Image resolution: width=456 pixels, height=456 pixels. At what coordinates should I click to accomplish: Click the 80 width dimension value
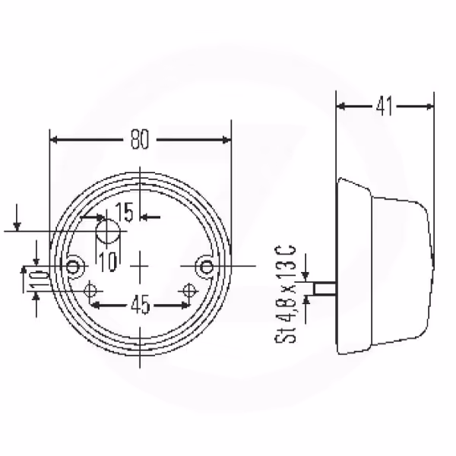(x=140, y=140)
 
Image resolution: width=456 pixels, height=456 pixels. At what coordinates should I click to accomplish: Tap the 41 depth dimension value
(x=384, y=106)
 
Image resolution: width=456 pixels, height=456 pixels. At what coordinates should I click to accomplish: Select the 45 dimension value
(x=140, y=305)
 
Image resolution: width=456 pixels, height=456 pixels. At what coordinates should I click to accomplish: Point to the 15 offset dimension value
(x=125, y=212)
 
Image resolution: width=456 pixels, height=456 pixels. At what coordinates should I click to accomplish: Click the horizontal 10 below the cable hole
(x=108, y=261)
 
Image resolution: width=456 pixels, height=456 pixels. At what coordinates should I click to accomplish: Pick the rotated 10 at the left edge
(x=39, y=280)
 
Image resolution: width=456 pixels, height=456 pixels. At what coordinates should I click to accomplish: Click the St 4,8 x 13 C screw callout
(x=286, y=294)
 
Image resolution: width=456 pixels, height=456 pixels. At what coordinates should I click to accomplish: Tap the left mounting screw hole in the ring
(x=72, y=267)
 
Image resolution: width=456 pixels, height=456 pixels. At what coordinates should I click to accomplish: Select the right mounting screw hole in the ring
(x=207, y=267)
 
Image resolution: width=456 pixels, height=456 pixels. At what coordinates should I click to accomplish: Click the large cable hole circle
(x=108, y=232)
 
